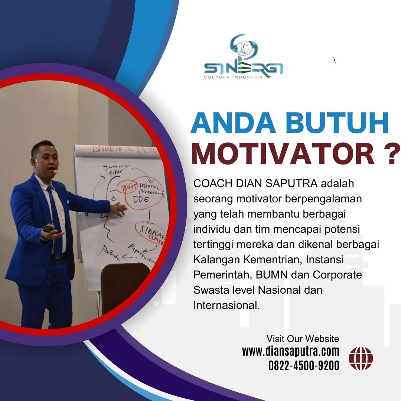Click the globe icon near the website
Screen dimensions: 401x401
pyautogui.click(x=361, y=358)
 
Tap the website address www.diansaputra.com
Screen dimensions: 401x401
pyautogui.click(x=291, y=351)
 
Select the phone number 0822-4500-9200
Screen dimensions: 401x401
pyautogui.click(x=304, y=366)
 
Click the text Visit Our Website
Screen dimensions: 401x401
pyautogui.click(x=303, y=339)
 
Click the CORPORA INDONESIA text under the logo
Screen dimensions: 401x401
pyautogui.click(x=233, y=77)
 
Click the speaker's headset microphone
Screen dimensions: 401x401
pyautogui.click(x=55, y=172)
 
